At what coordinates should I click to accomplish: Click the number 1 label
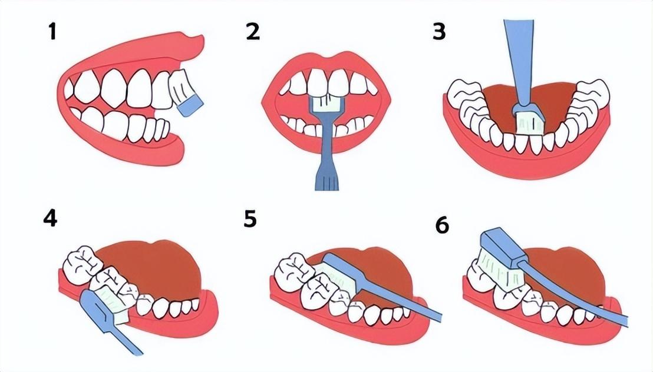[x=52, y=32]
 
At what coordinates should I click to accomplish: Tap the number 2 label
[x=253, y=32]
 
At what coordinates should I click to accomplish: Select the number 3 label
[x=439, y=32]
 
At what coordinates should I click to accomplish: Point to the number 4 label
[x=50, y=218]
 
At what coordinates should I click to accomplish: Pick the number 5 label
[x=250, y=218]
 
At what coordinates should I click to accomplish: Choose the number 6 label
[x=442, y=225]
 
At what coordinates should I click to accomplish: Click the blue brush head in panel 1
[x=190, y=106]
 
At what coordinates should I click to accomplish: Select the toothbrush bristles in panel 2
[x=326, y=102]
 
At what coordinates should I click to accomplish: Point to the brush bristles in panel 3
[x=529, y=123]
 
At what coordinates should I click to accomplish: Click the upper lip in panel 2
[x=327, y=62]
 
